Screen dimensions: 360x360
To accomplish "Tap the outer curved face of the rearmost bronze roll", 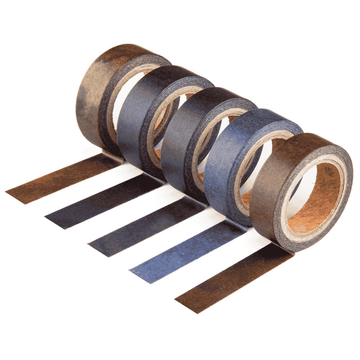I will pos(92,97).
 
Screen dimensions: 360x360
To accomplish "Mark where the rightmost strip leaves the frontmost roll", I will pos(283,248).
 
